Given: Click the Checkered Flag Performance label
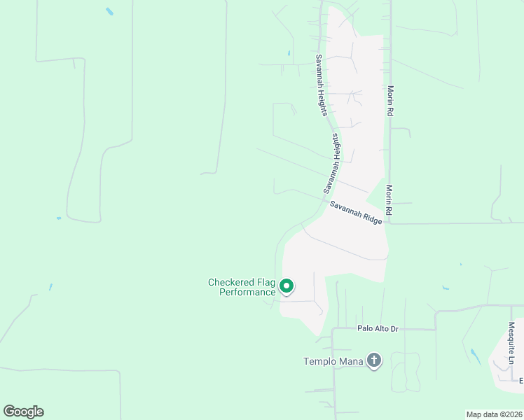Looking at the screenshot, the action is [x=242, y=287].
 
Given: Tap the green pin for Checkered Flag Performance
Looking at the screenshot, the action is [x=286, y=286].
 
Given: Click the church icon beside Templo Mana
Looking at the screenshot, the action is [x=374, y=360].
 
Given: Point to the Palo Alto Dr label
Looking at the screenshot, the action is [x=377, y=328].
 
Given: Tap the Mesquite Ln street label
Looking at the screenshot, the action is [x=511, y=342].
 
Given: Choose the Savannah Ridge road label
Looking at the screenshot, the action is [x=356, y=212].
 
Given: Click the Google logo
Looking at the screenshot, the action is [x=23, y=412].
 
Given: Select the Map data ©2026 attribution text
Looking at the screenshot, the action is [x=494, y=414].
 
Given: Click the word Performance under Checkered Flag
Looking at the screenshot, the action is [x=247, y=292].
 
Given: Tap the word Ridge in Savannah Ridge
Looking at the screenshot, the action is [x=373, y=218].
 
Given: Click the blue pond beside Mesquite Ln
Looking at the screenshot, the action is [x=476, y=356].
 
